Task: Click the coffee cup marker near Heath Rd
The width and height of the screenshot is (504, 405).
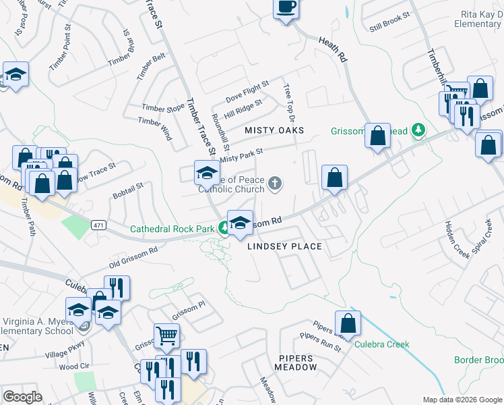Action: (286, 7)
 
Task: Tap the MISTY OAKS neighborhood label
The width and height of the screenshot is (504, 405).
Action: (274, 130)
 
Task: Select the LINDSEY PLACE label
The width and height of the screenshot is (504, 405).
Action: (284, 246)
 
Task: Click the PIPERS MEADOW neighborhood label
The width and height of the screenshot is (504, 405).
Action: (296, 362)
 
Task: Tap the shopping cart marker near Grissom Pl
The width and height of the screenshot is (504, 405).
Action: (166, 333)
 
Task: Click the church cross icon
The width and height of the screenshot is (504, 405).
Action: (275, 183)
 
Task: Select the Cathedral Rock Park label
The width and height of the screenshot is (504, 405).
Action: (172, 229)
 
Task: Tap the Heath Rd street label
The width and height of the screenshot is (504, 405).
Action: (333, 51)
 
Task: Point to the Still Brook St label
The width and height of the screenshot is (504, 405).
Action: (389, 22)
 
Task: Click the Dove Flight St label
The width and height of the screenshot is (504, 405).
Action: (247, 91)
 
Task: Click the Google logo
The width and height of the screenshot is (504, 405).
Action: (23, 397)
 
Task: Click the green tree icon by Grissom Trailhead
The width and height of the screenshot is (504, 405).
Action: (418, 129)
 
